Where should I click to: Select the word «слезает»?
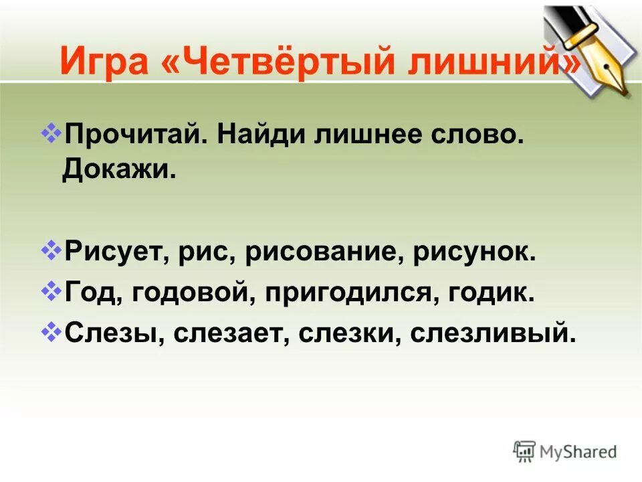coord(231,332)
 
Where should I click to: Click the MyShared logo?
coord(565,451)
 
